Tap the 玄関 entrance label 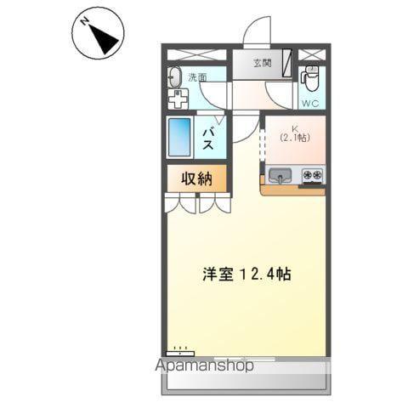tap(263, 63)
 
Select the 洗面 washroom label tap(198, 78)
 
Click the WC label tap(310, 103)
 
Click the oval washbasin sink tap(176, 77)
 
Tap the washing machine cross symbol tap(178, 99)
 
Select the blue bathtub tap(180, 137)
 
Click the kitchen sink tap(280, 177)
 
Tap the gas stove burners tap(311, 176)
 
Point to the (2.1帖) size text tap(294, 138)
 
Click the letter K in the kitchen tap(294, 127)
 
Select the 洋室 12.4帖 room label tap(247, 275)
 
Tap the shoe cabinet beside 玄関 tap(287, 63)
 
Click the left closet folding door tap(181, 205)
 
